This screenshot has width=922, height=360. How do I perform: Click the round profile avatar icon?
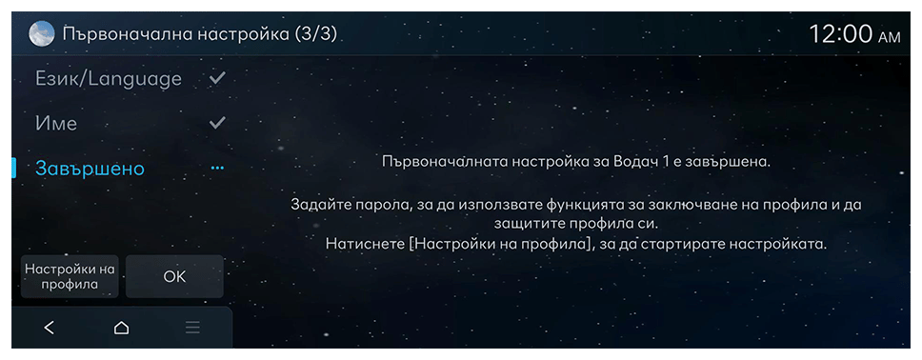[x=41, y=34]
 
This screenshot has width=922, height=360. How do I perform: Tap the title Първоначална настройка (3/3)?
[x=200, y=34]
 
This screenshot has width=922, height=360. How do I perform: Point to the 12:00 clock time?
[x=841, y=34]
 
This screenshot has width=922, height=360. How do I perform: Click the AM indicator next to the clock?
[x=889, y=38]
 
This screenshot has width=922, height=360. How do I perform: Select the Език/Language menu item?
[x=109, y=79]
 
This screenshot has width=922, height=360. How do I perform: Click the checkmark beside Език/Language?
[x=217, y=78]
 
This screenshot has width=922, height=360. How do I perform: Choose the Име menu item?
[x=56, y=124]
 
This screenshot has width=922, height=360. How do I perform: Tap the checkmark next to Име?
[x=217, y=122]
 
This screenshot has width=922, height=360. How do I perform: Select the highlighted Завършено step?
[x=90, y=169]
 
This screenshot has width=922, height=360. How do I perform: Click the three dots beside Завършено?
[x=217, y=169]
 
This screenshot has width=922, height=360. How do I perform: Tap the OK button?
[x=174, y=276]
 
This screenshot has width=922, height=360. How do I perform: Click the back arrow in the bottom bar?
[x=50, y=328]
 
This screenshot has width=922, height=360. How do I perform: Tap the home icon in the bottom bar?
[x=121, y=328]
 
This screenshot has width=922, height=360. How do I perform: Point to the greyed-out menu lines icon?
[x=192, y=328]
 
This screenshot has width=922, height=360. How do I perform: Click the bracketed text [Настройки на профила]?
[x=499, y=244]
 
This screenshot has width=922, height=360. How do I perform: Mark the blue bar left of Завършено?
[x=14, y=169]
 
